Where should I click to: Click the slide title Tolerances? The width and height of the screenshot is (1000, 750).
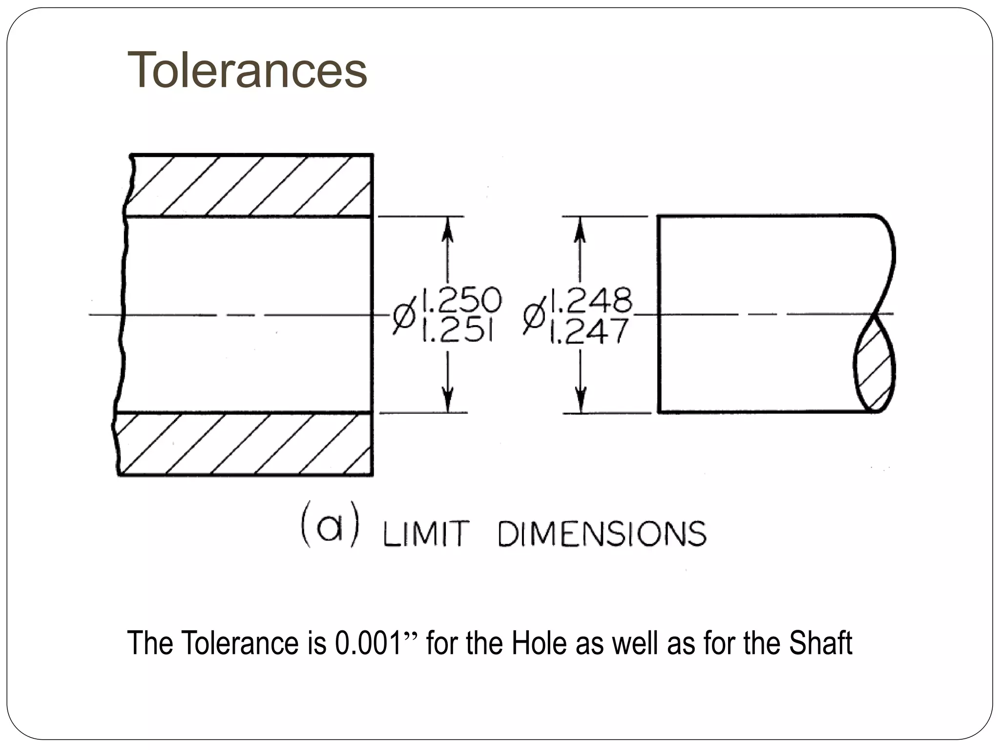pos(247,71)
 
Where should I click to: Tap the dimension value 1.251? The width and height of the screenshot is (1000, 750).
pos(457,332)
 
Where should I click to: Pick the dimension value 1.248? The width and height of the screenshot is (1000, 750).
pos(591,300)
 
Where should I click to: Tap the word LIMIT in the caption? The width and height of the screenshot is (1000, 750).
pos(426,534)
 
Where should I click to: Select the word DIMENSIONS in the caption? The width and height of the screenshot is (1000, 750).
pos(602,534)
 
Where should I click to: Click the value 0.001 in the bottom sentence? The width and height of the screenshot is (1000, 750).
pos(369,643)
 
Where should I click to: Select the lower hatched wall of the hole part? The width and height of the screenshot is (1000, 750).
pos(244,444)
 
